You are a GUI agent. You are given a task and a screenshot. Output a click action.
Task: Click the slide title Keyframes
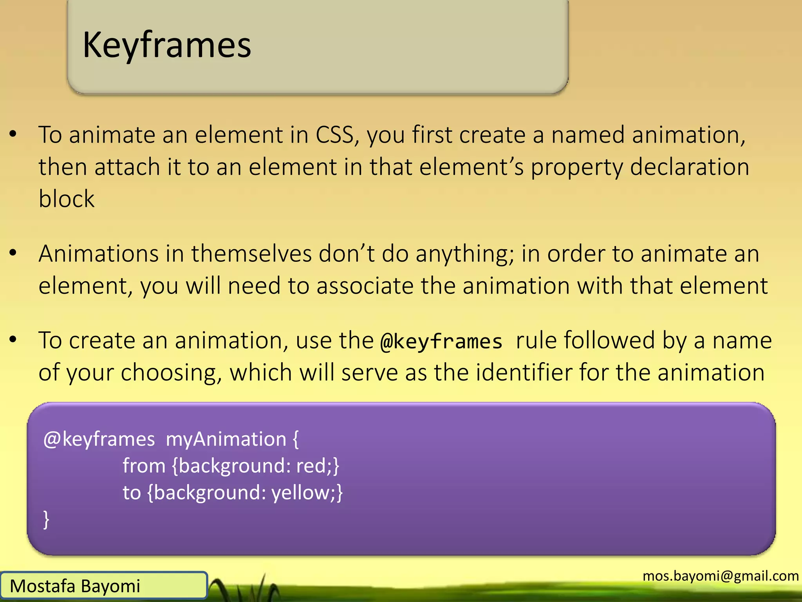pyautogui.click(x=167, y=45)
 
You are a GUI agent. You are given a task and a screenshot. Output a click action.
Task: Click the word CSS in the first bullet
pyautogui.click(x=335, y=135)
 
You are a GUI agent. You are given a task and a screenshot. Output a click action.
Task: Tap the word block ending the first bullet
pyautogui.click(x=67, y=199)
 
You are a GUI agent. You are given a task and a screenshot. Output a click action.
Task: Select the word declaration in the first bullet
pyautogui.click(x=690, y=167)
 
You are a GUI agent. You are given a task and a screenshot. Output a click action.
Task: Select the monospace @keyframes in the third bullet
pyautogui.click(x=441, y=341)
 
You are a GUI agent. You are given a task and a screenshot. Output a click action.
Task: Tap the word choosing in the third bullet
pyautogui.click(x=168, y=373)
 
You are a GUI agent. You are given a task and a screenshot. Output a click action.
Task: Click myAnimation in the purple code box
pyautogui.click(x=226, y=439)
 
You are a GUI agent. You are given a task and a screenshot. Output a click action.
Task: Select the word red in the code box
pyautogui.click(x=311, y=466)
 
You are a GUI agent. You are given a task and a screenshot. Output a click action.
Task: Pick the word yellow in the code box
pyautogui.click(x=301, y=493)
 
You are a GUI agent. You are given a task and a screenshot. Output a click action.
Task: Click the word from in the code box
pyautogui.click(x=144, y=466)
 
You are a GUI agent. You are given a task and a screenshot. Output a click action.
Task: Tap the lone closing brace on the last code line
pyautogui.click(x=47, y=519)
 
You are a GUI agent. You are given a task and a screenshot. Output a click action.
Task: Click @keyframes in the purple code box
pyautogui.click(x=99, y=439)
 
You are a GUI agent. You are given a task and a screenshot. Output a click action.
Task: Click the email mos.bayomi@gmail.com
pyautogui.click(x=721, y=576)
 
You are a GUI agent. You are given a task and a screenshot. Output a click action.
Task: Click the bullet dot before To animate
pyautogui.click(x=13, y=134)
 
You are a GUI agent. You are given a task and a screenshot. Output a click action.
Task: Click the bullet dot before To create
pyautogui.click(x=13, y=340)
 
